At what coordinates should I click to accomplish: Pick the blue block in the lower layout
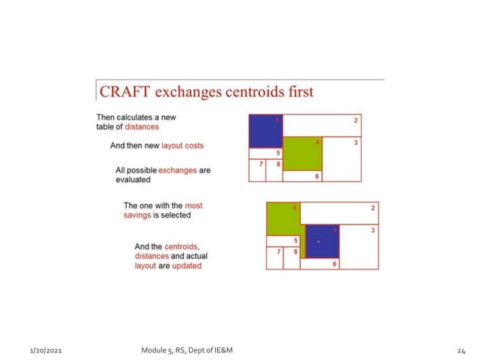(x=322, y=241)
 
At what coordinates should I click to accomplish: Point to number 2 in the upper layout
(x=356, y=120)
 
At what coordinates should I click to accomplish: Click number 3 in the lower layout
(x=372, y=229)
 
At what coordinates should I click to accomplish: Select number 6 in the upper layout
(x=317, y=176)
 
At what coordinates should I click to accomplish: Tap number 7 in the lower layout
(x=278, y=251)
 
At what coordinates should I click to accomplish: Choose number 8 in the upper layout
(x=277, y=164)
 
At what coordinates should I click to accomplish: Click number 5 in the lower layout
(x=295, y=239)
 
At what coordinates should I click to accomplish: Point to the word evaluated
(x=133, y=180)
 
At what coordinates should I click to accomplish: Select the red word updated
(x=186, y=266)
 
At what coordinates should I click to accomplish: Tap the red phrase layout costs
(x=183, y=145)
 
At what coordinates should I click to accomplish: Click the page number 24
(x=461, y=351)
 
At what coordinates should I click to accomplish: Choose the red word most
(x=194, y=205)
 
